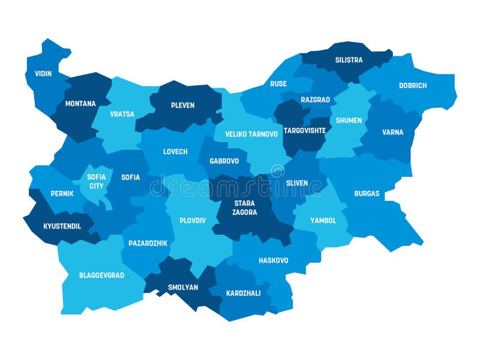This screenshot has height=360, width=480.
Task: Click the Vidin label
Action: pyautogui.click(x=43, y=74)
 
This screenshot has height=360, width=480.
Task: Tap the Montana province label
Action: pyautogui.click(x=80, y=104)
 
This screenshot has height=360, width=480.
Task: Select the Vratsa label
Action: pyautogui.click(x=122, y=114)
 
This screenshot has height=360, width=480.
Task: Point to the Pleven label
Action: pyautogui.click(x=182, y=106)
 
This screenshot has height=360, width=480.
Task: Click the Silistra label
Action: pyautogui.click(x=349, y=60)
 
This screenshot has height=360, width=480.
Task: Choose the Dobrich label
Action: pyautogui.click(x=413, y=86)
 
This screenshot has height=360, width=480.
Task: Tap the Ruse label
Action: pyautogui.click(x=278, y=84)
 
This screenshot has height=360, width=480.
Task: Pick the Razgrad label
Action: pyautogui.click(x=316, y=100)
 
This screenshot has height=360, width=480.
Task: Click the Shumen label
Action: pyautogui.click(x=349, y=121)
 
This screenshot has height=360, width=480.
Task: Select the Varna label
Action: pyautogui.click(x=393, y=133)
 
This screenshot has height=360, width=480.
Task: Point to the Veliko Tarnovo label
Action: pyautogui.click(x=251, y=134)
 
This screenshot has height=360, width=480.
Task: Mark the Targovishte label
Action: pyautogui.click(x=304, y=130)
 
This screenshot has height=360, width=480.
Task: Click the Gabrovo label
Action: pyautogui.click(x=224, y=161)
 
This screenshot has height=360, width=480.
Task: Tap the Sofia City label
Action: pyautogui.click(x=97, y=181)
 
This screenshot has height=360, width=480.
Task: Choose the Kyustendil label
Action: pyautogui.click(x=61, y=226)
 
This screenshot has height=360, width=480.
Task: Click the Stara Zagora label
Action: pyautogui.click(x=245, y=208)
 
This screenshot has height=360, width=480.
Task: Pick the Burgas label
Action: pyautogui.click(x=367, y=194)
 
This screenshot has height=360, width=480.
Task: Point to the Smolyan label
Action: pyautogui.click(x=183, y=287)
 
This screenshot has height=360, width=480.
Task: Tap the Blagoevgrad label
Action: pyautogui.click(x=101, y=275)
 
